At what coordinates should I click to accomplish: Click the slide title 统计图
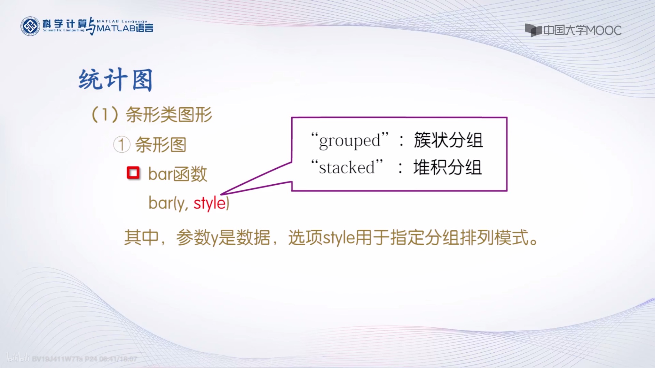pos(115,80)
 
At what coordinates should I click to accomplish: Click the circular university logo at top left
pos(30,26)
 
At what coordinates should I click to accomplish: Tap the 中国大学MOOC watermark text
pos(582,31)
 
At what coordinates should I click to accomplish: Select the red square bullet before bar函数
pos(133,173)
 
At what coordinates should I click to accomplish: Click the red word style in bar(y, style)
pos(209,203)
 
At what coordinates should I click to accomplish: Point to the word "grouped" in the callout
pos(350,141)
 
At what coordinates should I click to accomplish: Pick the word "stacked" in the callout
pos(347,167)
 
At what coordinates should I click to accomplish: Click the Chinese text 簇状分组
pos(448,140)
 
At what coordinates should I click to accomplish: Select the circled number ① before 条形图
pos(122,145)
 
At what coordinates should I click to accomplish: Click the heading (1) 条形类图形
pos(152,115)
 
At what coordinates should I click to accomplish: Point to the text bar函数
pos(178,174)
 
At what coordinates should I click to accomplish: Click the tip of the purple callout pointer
pos(222,194)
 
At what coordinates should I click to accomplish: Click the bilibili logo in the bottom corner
pos(18,357)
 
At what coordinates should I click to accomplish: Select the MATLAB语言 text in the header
pos(125,28)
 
